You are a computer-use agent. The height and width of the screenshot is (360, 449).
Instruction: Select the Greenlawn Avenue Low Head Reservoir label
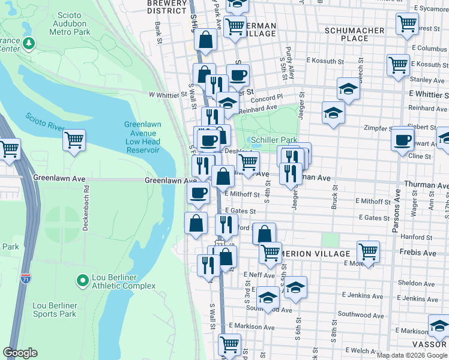tap(142, 136)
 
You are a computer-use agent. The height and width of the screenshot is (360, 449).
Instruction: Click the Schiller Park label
tap(274, 139)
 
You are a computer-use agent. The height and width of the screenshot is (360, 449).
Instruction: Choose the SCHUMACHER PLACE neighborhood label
tap(354, 34)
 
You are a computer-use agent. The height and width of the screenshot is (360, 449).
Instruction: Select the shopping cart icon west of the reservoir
tap(74, 140)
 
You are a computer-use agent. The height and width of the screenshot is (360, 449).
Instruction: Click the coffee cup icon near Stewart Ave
tap(402, 139)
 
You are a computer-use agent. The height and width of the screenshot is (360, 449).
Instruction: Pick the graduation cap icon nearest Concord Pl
tap(348, 89)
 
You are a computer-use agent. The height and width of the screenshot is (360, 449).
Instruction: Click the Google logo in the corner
tap(20, 353)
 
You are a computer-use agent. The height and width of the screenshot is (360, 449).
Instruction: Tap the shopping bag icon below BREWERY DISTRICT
tap(206, 40)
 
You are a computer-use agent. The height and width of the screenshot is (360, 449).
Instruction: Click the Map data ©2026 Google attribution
tap(412, 355)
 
